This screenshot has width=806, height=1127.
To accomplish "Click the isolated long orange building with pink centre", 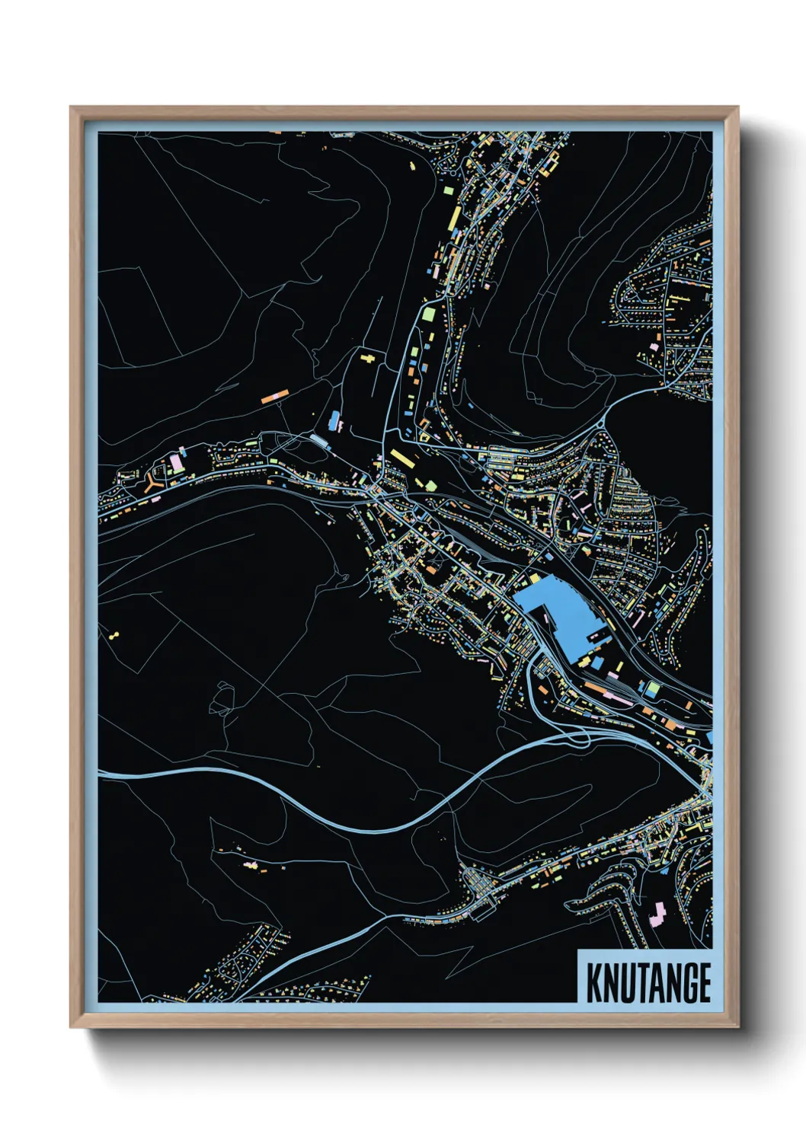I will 274,395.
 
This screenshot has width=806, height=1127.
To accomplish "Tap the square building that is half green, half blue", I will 652,689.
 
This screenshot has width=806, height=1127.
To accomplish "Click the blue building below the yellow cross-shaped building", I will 334,420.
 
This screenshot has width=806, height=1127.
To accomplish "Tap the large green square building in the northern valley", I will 428,314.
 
